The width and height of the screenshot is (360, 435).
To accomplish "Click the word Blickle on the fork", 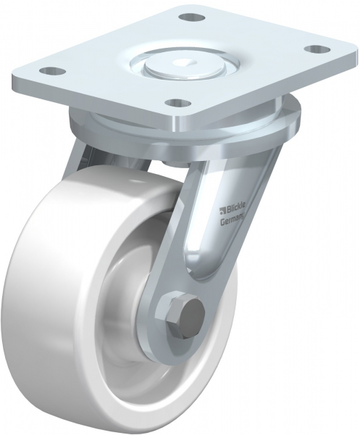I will [x=236, y=210].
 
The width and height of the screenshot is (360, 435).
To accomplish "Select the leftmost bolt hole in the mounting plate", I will [x=51, y=71].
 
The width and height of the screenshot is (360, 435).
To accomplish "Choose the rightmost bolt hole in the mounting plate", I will [x=314, y=49].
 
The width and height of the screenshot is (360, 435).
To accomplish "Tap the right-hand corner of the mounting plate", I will [x=335, y=54].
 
